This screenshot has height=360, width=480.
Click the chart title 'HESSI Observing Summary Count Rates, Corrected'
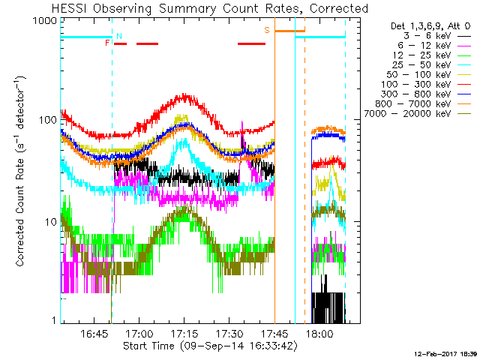coord(210,9)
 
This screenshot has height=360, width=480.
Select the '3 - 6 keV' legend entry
coord(437,36)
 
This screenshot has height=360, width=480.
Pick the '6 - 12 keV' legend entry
coord(434,46)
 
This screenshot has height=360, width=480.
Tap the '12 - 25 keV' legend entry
coord(432,55)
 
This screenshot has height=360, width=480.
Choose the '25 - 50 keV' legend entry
coord(432,65)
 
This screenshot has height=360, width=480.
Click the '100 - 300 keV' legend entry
coord(426,85)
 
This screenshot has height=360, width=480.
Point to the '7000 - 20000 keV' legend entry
coord(418,114)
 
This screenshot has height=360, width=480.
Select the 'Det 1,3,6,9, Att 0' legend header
coord(430,26)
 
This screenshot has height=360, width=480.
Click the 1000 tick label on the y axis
coord(45,21)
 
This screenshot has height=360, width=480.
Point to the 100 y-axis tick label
coord(48,120)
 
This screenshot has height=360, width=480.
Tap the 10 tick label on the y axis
coord(51,222)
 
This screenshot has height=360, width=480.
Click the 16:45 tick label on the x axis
coord(94,333)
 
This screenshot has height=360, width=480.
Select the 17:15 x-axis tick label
coord(184,333)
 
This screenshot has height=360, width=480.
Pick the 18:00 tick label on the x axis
coord(319,333)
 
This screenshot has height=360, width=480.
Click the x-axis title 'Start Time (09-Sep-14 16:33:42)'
coord(210,346)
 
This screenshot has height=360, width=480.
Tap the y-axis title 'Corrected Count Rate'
coord(20,212)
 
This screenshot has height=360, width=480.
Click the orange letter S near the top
coord(267,30)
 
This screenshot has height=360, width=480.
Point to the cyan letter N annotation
coord(119,36)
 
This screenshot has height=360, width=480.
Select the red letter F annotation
coord(107,43)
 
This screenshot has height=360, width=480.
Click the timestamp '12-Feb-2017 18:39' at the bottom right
coord(445,354)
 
